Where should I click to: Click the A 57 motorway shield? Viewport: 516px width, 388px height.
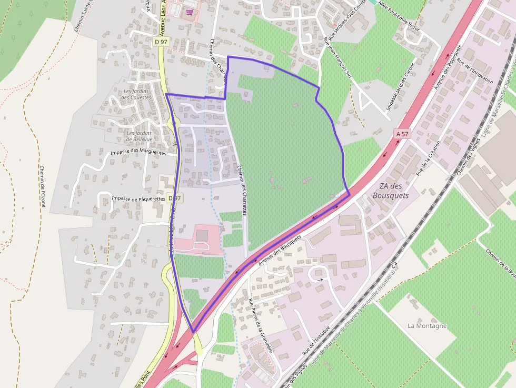click(402, 134)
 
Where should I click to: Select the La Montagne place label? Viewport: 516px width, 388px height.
click(427, 326)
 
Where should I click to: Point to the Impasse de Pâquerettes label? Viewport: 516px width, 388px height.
click(140, 198)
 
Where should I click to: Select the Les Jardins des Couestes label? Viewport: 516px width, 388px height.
click(136, 94)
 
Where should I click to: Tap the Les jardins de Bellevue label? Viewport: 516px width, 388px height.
click(139, 136)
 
